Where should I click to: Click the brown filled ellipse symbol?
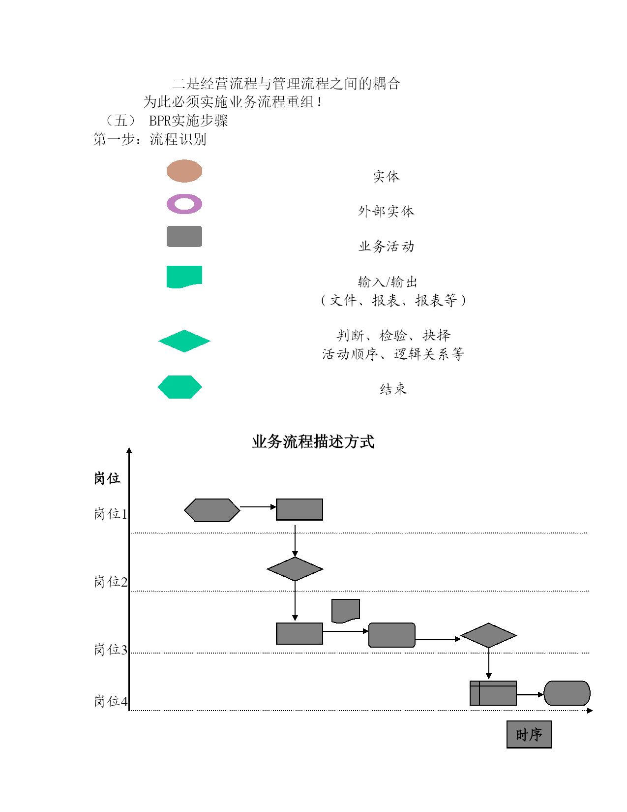tap(184, 171)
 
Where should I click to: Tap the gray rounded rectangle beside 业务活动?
tap(184, 236)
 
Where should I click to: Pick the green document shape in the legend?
tap(184, 276)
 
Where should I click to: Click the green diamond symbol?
tap(184, 341)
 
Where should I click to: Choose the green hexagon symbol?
tap(179, 387)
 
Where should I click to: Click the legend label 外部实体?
tap(386, 212)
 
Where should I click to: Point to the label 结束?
tap(393, 389)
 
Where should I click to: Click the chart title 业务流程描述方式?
tap(313, 442)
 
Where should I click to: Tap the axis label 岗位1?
tap(111, 514)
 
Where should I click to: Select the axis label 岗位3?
tap(111, 650)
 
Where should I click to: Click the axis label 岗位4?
tap(111, 701)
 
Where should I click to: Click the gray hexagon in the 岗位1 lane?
tap(212, 510)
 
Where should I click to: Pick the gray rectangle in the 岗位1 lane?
tap(299, 509)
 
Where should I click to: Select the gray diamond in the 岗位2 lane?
tap(295, 569)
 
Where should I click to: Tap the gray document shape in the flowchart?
tap(346, 611)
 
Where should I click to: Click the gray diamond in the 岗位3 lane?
tap(488, 635)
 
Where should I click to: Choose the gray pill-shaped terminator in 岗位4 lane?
tap(567, 693)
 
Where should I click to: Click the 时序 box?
tap(529, 735)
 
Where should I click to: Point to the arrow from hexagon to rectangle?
tap(258, 507)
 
